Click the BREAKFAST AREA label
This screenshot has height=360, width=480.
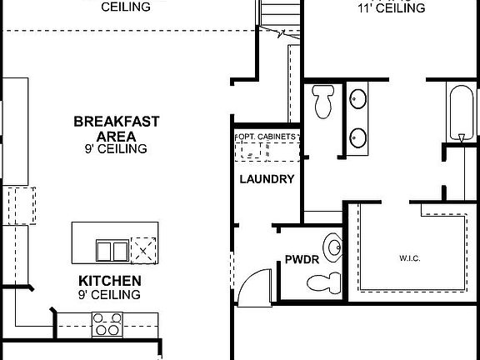point(117,128)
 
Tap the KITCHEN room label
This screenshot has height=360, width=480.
point(109,281)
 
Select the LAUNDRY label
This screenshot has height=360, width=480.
point(266,179)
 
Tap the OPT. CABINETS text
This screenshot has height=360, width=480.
point(267,135)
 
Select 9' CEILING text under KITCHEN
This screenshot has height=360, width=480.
point(110,295)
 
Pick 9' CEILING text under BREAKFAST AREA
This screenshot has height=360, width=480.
point(116,149)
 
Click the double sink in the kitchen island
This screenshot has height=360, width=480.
point(112,250)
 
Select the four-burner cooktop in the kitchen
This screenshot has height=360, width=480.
point(107,323)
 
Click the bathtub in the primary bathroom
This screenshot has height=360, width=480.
point(459,112)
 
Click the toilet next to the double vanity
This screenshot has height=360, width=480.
point(322,102)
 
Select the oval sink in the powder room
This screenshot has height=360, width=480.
point(334,247)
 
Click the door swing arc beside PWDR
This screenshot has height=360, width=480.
point(253,283)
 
